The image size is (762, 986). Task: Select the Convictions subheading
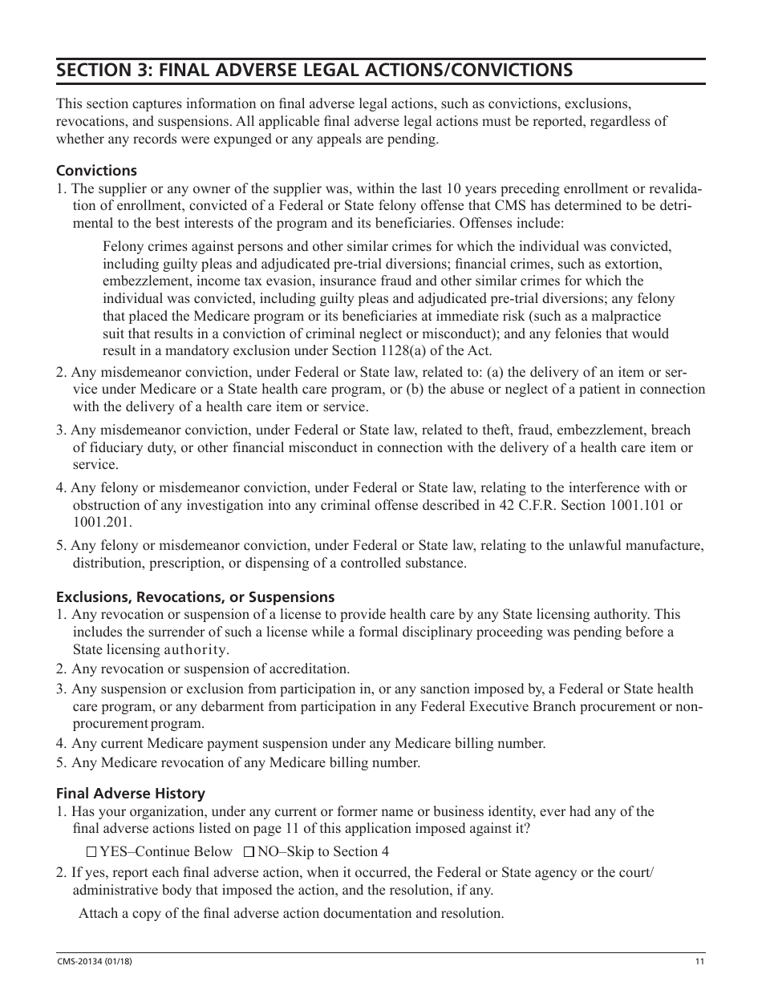(96, 171)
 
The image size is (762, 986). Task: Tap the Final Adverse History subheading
(130, 793)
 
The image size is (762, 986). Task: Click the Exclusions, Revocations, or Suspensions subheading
(195, 597)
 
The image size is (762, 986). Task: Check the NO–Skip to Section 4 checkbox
(249, 851)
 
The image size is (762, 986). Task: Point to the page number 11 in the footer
(699, 962)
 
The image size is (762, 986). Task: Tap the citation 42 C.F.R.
(551, 505)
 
